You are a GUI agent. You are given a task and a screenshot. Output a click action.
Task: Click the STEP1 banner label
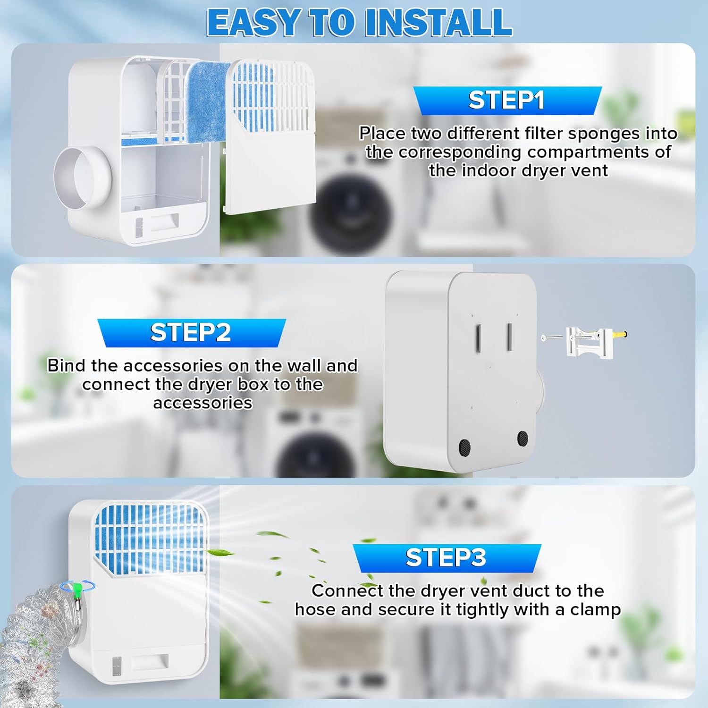click(506, 100)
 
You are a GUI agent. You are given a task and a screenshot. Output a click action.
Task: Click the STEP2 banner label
click(191, 332)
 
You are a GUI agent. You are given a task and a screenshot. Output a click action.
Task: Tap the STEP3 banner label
click(446, 557)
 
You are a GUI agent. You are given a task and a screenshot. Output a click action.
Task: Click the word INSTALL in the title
click(439, 22)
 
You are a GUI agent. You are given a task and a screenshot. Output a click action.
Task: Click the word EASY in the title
click(253, 22)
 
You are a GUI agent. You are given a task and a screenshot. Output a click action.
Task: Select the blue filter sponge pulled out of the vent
click(208, 101)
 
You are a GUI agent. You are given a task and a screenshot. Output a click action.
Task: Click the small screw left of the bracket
click(552, 337)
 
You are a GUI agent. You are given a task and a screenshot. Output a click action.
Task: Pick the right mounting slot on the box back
click(510, 336)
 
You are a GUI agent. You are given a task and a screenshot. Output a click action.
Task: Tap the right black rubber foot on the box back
click(523, 438)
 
